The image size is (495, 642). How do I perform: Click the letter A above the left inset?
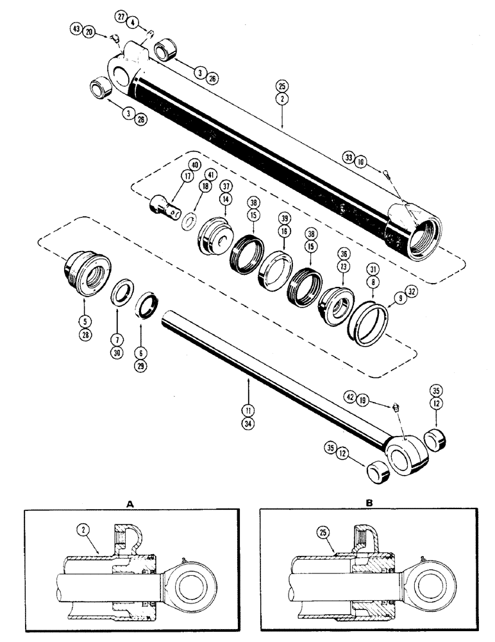(130, 505)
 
